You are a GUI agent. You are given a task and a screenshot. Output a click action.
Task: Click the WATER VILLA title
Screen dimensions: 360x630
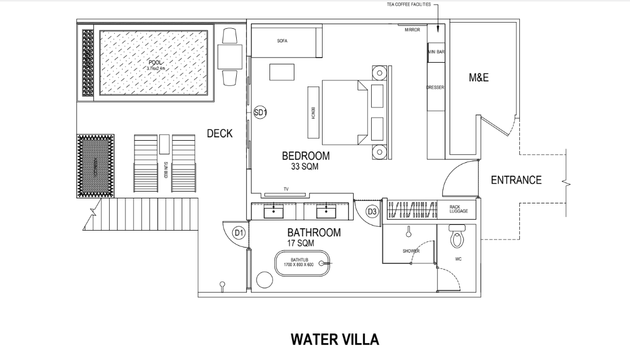tap(334, 340)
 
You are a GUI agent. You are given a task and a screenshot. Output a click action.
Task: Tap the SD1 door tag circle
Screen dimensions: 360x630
tap(260, 112)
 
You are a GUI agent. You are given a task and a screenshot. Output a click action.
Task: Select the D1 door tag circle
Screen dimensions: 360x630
tap(239, 232)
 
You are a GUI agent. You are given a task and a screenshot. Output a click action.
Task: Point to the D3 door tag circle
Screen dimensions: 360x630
tap(372, 211)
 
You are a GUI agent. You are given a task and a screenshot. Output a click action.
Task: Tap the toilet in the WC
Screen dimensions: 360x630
tap(457, 237)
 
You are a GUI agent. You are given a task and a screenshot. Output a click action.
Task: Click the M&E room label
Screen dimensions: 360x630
tap(478, 79)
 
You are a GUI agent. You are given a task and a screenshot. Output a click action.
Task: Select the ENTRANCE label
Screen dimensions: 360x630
tap(516, 180)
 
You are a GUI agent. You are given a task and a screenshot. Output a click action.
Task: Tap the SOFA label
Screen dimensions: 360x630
tap(283, 41)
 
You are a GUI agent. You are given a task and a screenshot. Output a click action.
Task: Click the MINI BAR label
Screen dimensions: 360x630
tap(436, 51)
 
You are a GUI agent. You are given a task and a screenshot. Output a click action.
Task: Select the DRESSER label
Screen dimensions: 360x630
tap(435, 88)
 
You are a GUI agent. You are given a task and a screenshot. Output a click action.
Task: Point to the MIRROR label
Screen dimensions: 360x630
tap(412, 30)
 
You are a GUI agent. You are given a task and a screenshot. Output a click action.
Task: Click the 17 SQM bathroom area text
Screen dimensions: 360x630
tap(301, 243)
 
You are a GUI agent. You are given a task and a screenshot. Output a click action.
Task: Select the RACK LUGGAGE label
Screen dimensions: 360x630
tap(458, 209)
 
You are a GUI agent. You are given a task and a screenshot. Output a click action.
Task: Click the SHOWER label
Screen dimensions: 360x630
tap(411, 251)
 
